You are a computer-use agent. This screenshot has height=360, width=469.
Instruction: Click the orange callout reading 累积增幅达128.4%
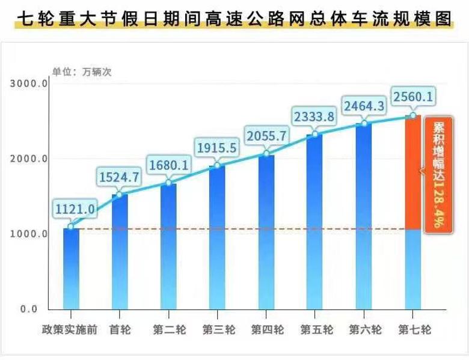coord(435,175)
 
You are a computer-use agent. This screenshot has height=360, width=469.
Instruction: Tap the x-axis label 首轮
coord(120,330)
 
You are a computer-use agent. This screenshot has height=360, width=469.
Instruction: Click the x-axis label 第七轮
coord(412,330)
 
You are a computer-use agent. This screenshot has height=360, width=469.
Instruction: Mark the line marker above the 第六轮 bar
coord(364,124)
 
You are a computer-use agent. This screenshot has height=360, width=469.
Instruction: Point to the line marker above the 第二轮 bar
coord(169,183)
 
